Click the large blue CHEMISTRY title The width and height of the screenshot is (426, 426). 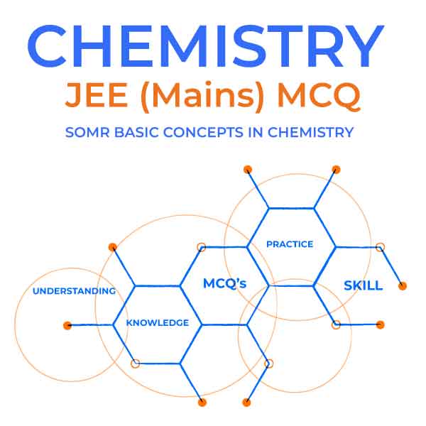(x=205, y=46)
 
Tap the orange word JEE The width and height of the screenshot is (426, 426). (x=97, y=94)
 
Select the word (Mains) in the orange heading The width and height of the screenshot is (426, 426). (x=202, y=97)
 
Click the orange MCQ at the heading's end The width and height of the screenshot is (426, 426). (x=319, y=96)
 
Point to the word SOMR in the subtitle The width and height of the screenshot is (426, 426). (x=87, y=132)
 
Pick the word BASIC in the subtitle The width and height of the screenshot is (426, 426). (x=136, y=132)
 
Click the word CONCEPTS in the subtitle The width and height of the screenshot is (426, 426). (x=203, y=132)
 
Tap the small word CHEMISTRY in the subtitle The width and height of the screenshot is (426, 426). (x=310, y=132)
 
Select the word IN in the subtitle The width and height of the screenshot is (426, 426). (x=256, y=132)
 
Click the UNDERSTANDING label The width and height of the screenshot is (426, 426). (x=74, y=291)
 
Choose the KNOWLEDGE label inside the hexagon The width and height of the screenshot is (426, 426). (x=158, y=323)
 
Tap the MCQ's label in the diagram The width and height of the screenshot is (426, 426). (x=224, y=283)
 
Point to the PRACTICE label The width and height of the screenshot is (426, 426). (x=290, y=244)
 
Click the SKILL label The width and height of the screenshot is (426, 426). (x=364, y=285)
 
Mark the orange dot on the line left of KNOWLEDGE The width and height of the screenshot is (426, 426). (x=67, y=325)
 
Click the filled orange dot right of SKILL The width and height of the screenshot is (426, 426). (x=403, y=286)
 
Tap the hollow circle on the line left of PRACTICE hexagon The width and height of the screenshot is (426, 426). (x=202, y=247)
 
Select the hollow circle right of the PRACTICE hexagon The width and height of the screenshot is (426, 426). (x=380, y=247)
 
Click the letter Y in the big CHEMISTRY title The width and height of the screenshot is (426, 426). (x=365, y=46)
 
